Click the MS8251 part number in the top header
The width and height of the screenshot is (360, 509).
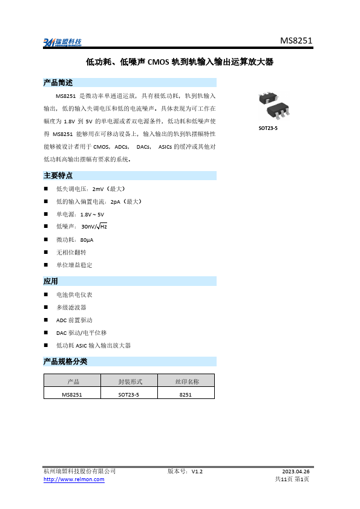point(296,41)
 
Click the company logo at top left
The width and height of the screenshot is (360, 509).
point(62,42)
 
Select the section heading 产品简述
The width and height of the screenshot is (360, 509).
point(58,83)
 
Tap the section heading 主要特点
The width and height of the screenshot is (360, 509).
point(58,175)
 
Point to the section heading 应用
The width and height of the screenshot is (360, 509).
point(51,281)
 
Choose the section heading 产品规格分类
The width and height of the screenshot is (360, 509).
point(65,361)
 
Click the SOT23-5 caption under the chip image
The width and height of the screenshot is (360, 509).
point(267,128)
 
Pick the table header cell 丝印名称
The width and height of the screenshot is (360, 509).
point(186,381)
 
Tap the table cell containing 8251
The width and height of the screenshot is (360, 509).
point(186,394)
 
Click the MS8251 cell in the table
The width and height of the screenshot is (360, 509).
point(72,394)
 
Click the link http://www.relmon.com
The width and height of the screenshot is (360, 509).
point(74,479)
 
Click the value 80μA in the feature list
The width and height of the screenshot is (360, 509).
point(87,239)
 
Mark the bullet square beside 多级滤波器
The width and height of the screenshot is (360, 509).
point(46,307)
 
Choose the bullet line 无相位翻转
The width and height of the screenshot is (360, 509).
point(71,252)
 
